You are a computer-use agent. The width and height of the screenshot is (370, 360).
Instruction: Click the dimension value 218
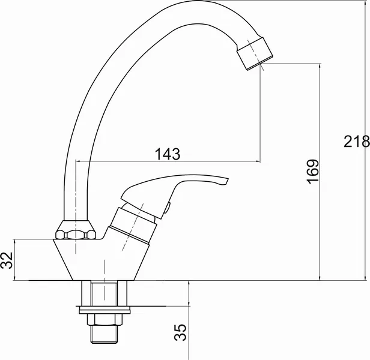coord(357,142)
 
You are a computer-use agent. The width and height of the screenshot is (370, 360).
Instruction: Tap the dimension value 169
coord(313,172)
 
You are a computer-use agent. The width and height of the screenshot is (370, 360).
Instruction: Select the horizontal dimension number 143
coord(168,154)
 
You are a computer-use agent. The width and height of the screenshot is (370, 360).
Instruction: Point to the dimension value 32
coord(7,260)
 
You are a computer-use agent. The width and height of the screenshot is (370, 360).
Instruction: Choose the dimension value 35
coord(180,332)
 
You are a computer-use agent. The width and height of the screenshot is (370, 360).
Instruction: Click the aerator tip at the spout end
coord(255,53)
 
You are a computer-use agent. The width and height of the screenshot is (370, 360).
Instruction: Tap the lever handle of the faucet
coord(175,191)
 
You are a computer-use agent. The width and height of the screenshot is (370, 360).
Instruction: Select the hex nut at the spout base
coord(76,230)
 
